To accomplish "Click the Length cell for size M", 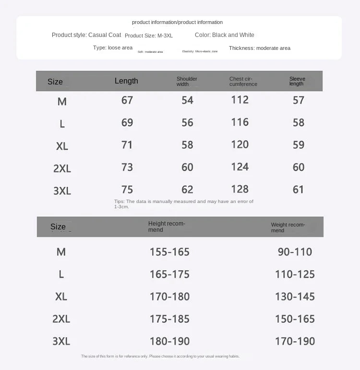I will click(x=127, y=100).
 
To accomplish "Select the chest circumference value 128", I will click(x=240, y=189).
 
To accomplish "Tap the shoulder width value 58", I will click(x=187, y=145).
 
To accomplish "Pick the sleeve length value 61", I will click(x=299, y=190).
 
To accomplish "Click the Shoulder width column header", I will click(x=187, y=82).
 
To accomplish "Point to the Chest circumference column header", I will click(x=243, y=82).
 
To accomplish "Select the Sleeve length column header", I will click(x=297, y=81).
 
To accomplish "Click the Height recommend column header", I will click(x=167, y=227).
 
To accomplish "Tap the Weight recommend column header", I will click(x=288, y=227).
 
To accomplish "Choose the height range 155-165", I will click(x=169, y=252).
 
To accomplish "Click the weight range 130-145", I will click(x=295, y=297).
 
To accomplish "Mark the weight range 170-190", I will click(x=295, y=341).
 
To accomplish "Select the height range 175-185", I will click(x=169, y=319).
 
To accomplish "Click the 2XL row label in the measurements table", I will click(x=62, y=168).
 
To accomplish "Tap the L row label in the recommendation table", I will click(x=61, y=275).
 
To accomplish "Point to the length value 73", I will click(x=127, y=167).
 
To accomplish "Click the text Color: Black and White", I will click(x=225, y=35).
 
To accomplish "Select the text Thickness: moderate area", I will click(x=259, y=48).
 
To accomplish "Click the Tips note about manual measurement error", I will click(x=184, y=204).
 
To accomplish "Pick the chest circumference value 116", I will click(x=240, y=122).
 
